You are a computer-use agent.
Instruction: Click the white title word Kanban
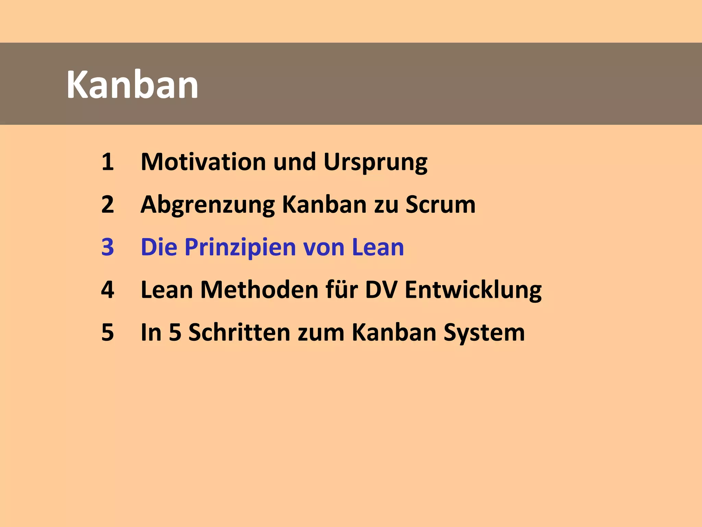pos(132,85)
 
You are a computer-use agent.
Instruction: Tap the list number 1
pos(108,162)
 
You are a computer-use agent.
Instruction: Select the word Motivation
pos(203,162)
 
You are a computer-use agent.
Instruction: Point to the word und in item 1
pos(294,162)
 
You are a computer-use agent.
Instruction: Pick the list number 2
pos(108,204)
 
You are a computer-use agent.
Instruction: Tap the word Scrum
pos(440,204)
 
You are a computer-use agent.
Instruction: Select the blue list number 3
pos(108,247)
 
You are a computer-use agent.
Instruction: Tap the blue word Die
pos(159,247)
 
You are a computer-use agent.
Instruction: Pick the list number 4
pos(108,290)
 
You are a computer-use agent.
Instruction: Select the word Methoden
pos(259,290)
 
